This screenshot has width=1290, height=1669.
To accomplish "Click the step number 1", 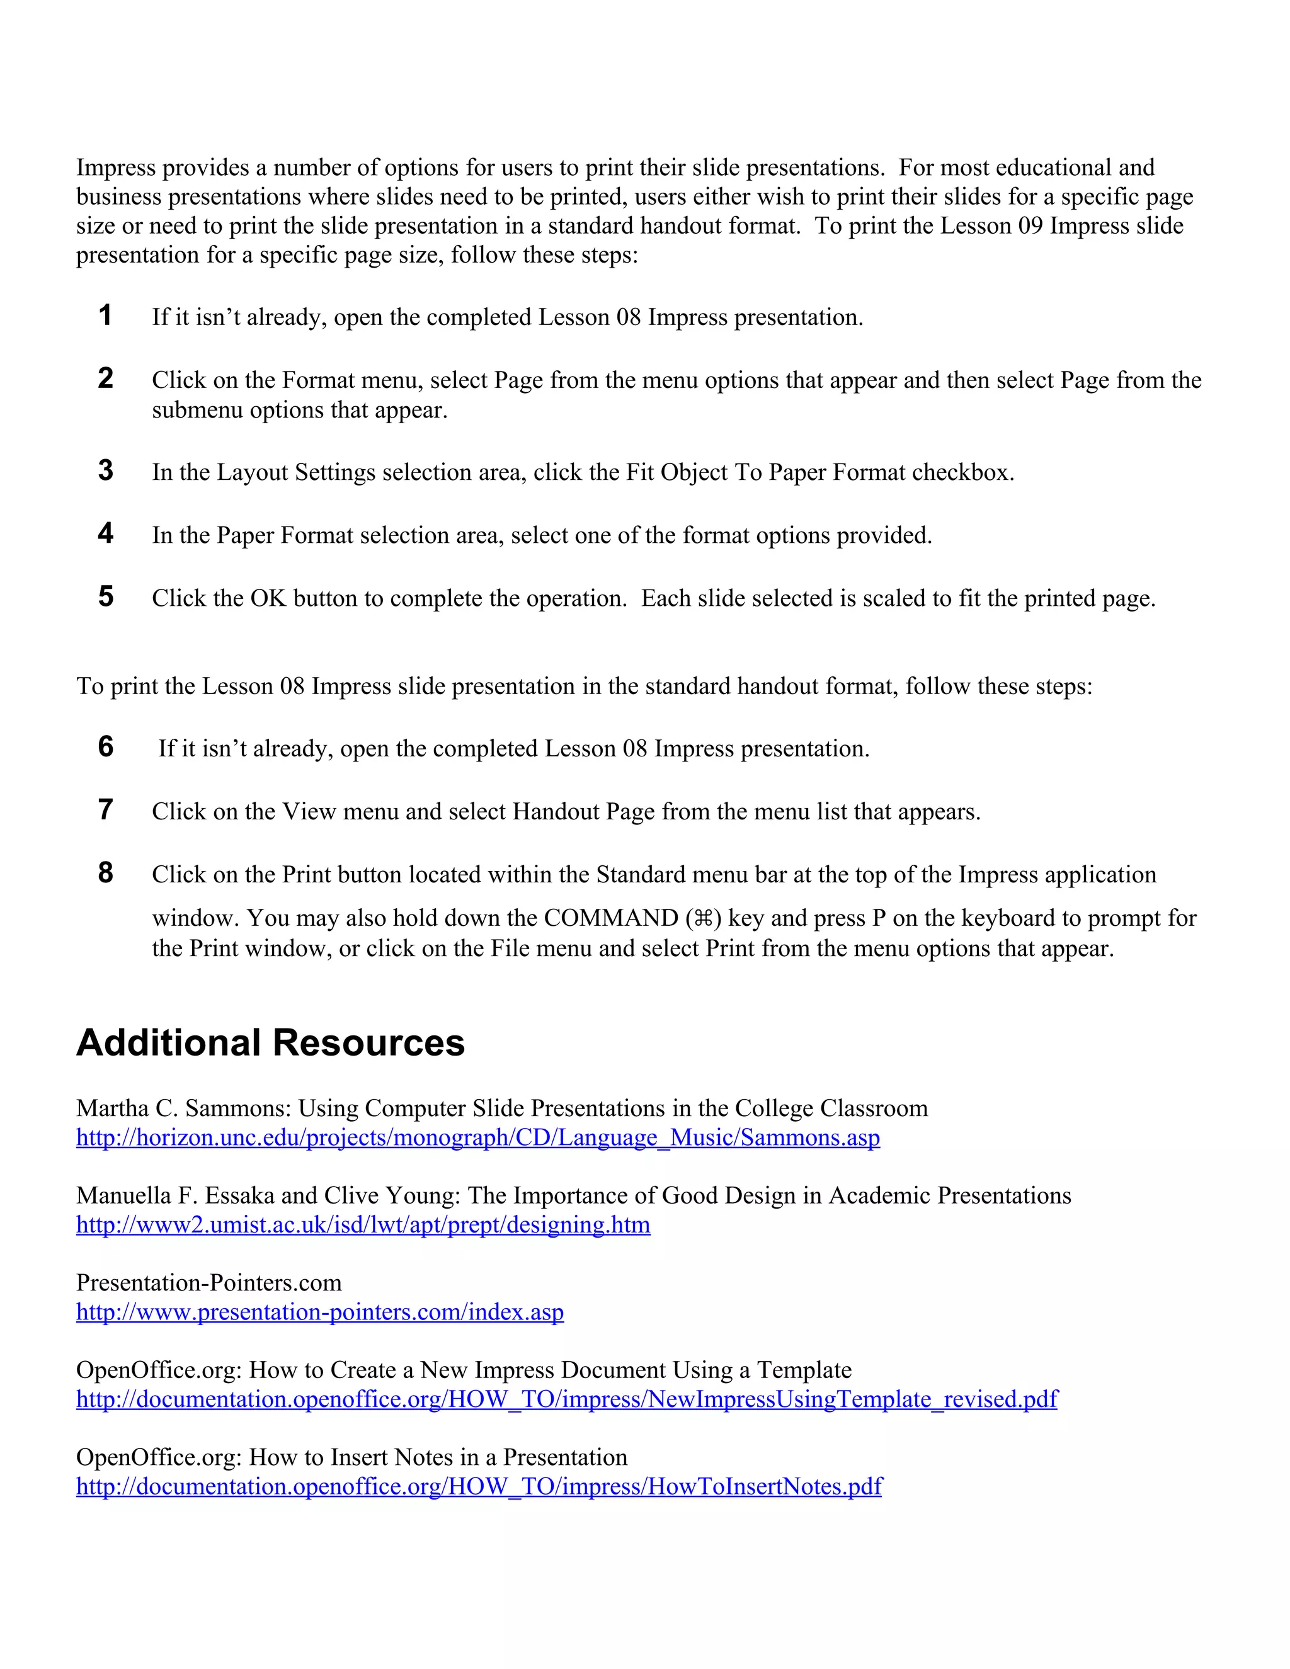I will pos(105,315).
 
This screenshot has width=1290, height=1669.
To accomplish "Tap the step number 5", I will pos(105,596).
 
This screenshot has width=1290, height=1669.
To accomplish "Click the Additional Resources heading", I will pos(270,1042).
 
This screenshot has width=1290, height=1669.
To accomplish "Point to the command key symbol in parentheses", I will pos(704,918).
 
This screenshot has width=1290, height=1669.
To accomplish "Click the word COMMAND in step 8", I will pos(610,918).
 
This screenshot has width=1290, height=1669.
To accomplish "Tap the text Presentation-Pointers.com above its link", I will pos(208,1282).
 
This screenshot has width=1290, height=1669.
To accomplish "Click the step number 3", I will pos(105,470).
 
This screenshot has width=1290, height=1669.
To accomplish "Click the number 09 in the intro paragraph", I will pos(1029,226).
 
